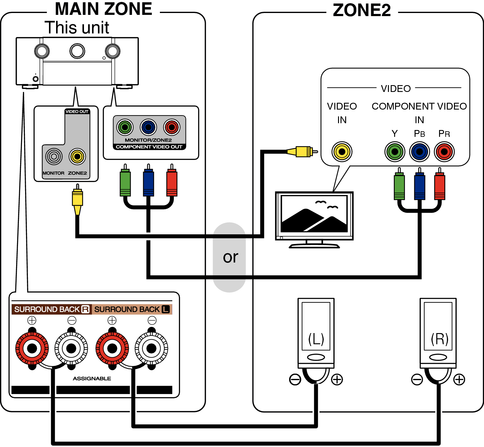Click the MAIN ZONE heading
(x=103, y=10)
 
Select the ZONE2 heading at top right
(x=362, y=11)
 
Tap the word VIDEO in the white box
(x=395, y=89)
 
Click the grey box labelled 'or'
(x=230, y=257)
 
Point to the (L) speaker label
(x=316, y=339)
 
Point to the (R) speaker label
(x=439, y=339)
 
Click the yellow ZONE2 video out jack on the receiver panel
(x=77, y=157)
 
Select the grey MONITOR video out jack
(x=54, y=157)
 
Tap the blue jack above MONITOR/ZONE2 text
(x=148, y=127)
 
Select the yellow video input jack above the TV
(x=342, y=152)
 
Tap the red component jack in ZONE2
(x=444, y=152)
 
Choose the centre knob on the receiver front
(x=77, y=51)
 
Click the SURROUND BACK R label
(x=51, y=310)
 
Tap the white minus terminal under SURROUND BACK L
(x=152, y=348)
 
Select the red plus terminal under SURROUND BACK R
(x=32, y=348)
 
